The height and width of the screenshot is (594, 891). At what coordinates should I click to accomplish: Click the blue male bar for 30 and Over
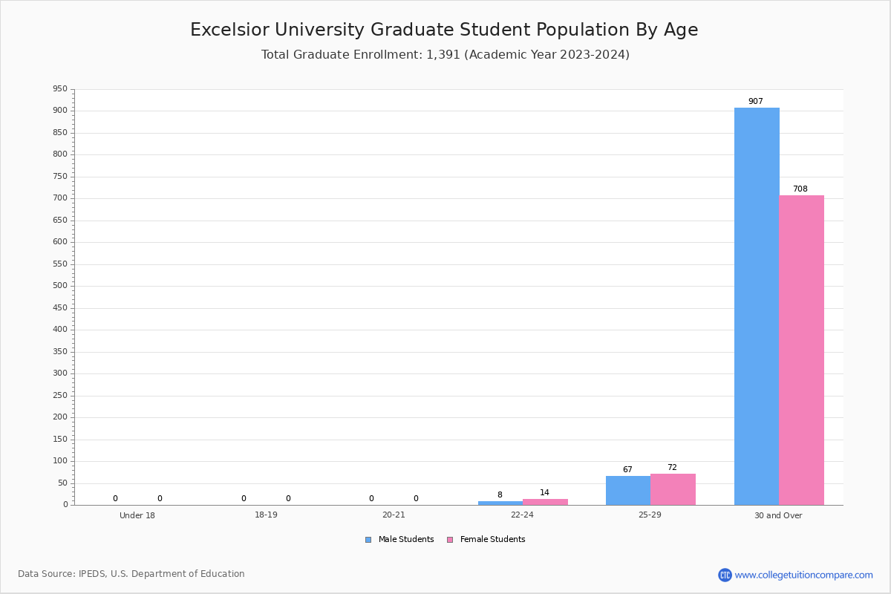(757, 306)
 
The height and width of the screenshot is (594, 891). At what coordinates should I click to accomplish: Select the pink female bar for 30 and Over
(801, 350)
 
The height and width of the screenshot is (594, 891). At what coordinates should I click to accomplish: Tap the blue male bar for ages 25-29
(628, 491)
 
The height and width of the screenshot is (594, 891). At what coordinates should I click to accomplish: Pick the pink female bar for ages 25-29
(673, 489)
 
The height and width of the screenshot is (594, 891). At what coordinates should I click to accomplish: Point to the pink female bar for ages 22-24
(545, 502)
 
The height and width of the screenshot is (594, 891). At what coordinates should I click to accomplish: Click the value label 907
(755, 101)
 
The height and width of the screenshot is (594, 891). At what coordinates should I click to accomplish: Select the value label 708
(800, 189)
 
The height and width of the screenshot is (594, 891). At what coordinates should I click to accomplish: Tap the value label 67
(627, 469)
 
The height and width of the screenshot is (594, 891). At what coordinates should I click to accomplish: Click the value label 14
(544, 492)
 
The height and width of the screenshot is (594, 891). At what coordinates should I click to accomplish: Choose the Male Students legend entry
(405, 539)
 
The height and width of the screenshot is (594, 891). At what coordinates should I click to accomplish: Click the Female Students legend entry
(492, 539)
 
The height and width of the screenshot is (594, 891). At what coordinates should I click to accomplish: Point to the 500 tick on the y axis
(60, 286)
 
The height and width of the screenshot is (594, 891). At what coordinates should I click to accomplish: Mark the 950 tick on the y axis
(60, 89)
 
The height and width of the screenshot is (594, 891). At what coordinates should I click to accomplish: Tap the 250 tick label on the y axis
(60, 395)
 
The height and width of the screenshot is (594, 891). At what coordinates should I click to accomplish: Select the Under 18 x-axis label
(137, 515)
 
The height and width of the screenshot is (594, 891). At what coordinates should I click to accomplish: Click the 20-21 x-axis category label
(394, 515)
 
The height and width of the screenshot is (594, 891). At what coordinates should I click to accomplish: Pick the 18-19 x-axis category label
(266, 515)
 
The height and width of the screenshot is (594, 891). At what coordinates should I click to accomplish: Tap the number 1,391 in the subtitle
(443, 54)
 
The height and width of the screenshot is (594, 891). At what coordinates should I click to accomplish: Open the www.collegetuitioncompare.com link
(803, 575)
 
